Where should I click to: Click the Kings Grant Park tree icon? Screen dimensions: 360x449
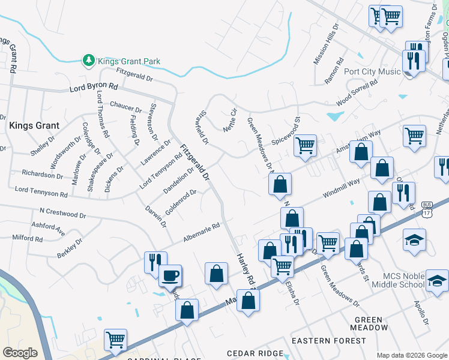point(89,61)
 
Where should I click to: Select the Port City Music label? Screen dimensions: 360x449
point(372,71)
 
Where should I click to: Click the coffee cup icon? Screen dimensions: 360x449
point(170,276)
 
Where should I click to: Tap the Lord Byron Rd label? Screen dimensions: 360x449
point(93,88)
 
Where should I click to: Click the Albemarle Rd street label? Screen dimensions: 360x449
point(202,233)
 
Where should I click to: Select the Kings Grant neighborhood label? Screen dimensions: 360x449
point(34,126)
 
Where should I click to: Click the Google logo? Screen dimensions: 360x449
point(20,352)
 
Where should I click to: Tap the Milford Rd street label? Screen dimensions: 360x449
point(27,238)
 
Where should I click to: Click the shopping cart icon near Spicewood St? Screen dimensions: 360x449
point(305,145)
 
